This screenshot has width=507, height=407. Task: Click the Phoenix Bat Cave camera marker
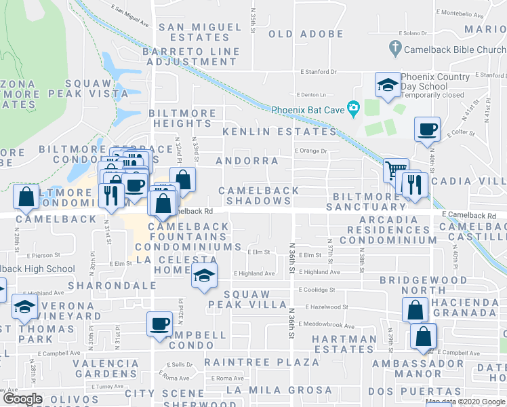pos(352,109)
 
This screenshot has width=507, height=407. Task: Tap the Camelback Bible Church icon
pos(395,49)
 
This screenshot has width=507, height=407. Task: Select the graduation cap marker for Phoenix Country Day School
pos(388,85)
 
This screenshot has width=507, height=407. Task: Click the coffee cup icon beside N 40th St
pos(427,129)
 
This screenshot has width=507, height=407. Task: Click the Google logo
pos(22,399)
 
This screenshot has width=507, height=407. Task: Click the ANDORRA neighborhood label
pos(247,161)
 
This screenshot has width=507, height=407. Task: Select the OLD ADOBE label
pos(306,34)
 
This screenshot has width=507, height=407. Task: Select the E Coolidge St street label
pos(317,290)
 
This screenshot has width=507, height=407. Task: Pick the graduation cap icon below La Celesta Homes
pos(203,276)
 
